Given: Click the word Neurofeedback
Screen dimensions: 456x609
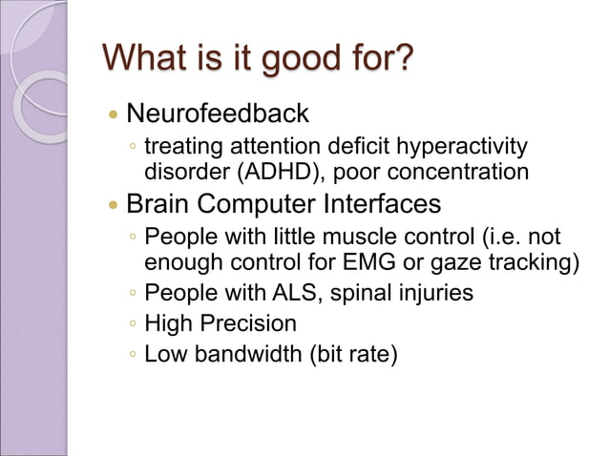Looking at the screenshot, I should [x=218, y=114].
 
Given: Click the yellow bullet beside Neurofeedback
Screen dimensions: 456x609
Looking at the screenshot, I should [x=114, y=114].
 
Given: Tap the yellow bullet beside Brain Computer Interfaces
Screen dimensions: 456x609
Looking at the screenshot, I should [x=114, y=205].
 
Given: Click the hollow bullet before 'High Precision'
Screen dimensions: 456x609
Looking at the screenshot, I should [x=133, y=324].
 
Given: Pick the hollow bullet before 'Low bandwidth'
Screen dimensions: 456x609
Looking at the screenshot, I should [x=133, y=355].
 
